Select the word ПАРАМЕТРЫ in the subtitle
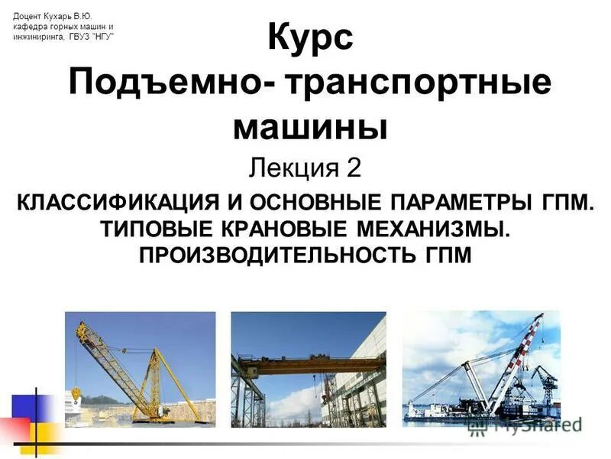tap(463, 203)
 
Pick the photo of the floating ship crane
tap(480, 367)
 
